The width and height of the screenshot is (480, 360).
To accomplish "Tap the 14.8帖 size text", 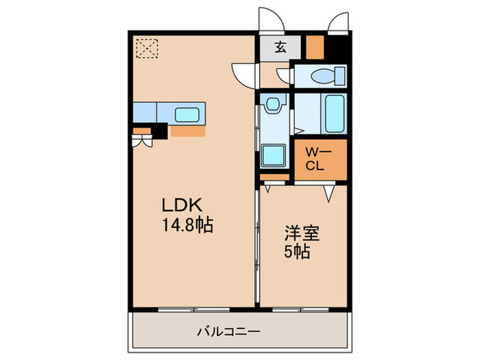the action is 187,224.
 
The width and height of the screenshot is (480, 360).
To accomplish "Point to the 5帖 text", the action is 298,252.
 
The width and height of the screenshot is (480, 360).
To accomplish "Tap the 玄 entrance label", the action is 280,48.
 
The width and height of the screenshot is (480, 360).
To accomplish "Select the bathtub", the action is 335,115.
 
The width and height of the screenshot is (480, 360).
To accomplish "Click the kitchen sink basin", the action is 187,114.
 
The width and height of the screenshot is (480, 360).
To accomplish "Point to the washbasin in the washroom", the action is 274,105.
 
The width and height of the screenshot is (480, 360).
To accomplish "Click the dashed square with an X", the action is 145,48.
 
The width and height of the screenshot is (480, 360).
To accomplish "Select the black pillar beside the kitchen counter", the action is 160,131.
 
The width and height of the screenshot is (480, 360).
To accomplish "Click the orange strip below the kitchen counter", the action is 187,131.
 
